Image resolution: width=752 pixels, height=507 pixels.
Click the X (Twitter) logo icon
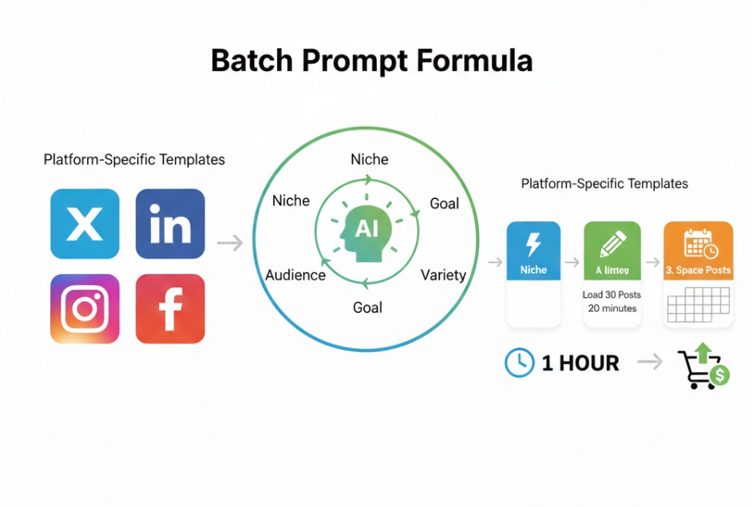(x=85, y=224)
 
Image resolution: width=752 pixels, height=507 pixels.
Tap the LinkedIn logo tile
(x=170, y=224)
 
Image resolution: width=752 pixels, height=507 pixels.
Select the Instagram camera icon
(x=85, y=308)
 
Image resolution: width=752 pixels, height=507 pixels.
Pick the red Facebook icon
(x=170, y=308)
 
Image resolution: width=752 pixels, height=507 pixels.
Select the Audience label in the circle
(x=295, y=275)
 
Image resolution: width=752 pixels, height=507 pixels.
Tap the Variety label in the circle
(x=443, y=275)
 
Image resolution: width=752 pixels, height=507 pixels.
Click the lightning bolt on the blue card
(x=533, y=243)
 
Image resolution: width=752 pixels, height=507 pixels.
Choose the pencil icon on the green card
(x=612, y=243)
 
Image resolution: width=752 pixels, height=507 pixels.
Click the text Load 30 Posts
(x=611, y=295)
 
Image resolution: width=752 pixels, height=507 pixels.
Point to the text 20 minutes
(x=611, y=308)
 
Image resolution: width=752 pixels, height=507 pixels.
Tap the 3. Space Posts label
(x=699, y=270)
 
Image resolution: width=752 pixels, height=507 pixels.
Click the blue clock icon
(x=520, y=363)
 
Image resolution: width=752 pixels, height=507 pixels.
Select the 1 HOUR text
(x=580, y=363)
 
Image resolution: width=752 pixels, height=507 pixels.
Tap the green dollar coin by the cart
(x=720, y=375)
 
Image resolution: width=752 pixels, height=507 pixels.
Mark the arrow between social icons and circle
(x=230, y=243)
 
